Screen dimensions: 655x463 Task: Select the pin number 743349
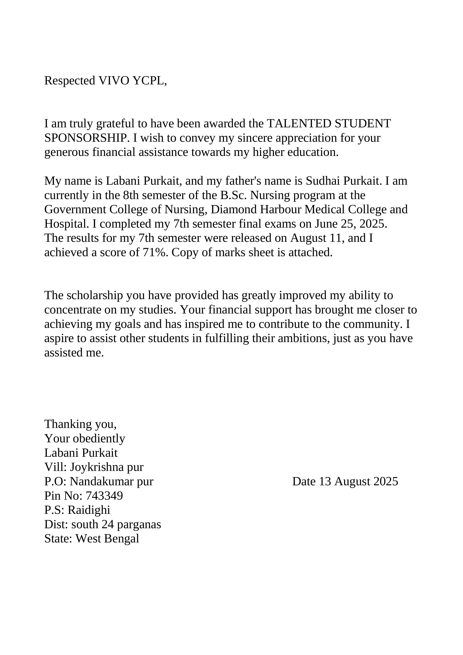104,496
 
